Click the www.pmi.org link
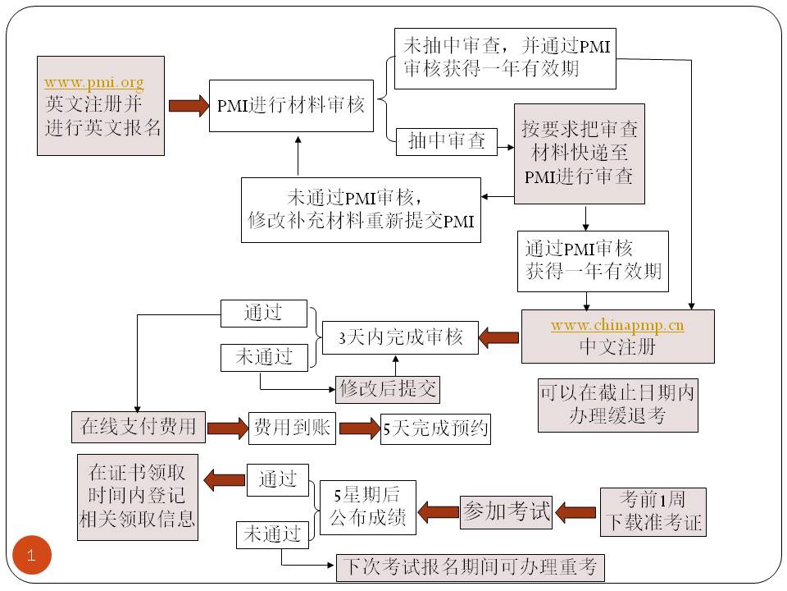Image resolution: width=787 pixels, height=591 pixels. pyautogui.click(x=93, y=83)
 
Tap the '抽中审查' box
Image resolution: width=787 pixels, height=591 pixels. pyautogui.click(x=447, y=141)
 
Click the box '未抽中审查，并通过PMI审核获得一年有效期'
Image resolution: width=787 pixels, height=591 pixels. pyautogui.click(x=504, y=58)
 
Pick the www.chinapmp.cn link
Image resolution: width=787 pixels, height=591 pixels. pyautogui.click(x=617, y=325)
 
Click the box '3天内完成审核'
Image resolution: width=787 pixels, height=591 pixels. pyautogui.click(x=401, y=337)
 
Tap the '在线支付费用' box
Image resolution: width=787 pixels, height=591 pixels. pyautogui.click(x=138, y=427)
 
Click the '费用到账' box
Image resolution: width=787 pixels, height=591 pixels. pyautogui.click(x=292, y=428)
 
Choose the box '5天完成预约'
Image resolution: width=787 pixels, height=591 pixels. pyautogui.click(x=435, y=428)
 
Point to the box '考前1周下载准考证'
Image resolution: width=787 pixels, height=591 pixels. pyautogui.click(x=653, y=511)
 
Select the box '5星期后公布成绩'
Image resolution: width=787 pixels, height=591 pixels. pyautogui.click(x=366, y=506)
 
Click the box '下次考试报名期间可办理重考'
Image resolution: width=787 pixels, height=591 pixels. pyautogui.click(x=470, y=567)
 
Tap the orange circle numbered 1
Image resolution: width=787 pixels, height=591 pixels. pyautogui.click(x=32, y=556)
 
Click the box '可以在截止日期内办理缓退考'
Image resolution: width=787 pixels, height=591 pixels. pyautogui.click(x=617, y=404)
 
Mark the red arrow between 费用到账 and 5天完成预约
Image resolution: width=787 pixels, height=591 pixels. pyautogui.click(x=358, y=428)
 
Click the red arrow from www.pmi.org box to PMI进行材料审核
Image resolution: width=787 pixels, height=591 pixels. pyautogui.click(x=189, y=105)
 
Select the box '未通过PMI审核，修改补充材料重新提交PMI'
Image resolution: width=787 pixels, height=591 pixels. pyautogui.click(x=360, y=209)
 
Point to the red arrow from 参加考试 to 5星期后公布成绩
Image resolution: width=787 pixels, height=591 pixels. pyautogui.click(x=437, y=511)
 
